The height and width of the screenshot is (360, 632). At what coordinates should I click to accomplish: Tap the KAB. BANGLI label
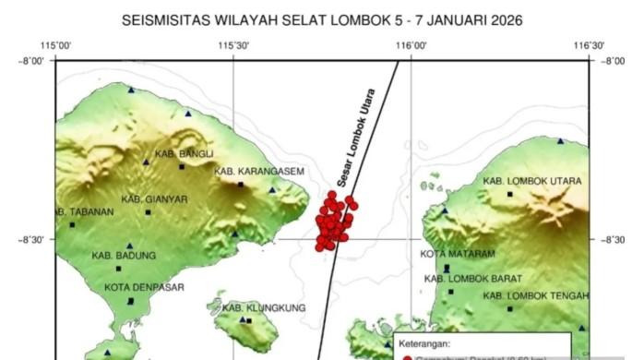click(x=184, y=153)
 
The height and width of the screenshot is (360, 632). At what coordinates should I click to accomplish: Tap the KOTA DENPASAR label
click(x=144, y=287)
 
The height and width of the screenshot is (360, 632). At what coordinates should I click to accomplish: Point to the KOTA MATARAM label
click(x=458, y=254)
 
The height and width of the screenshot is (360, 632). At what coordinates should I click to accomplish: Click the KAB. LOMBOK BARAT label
click(x=473, y=278)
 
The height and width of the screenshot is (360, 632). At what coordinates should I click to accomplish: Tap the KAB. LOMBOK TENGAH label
click(x=534, y=296)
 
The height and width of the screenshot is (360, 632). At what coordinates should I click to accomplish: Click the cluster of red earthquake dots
click(x=335, y=222)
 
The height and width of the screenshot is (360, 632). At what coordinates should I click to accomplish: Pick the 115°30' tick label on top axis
click(x=234, y=44)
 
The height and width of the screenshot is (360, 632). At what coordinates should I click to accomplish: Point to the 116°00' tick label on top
click(x=411, y=44)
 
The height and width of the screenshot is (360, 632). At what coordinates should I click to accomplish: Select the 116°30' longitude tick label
click(x=588, y=44)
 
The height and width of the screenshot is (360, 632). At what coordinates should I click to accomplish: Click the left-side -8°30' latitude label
click(x=32, y=239)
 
